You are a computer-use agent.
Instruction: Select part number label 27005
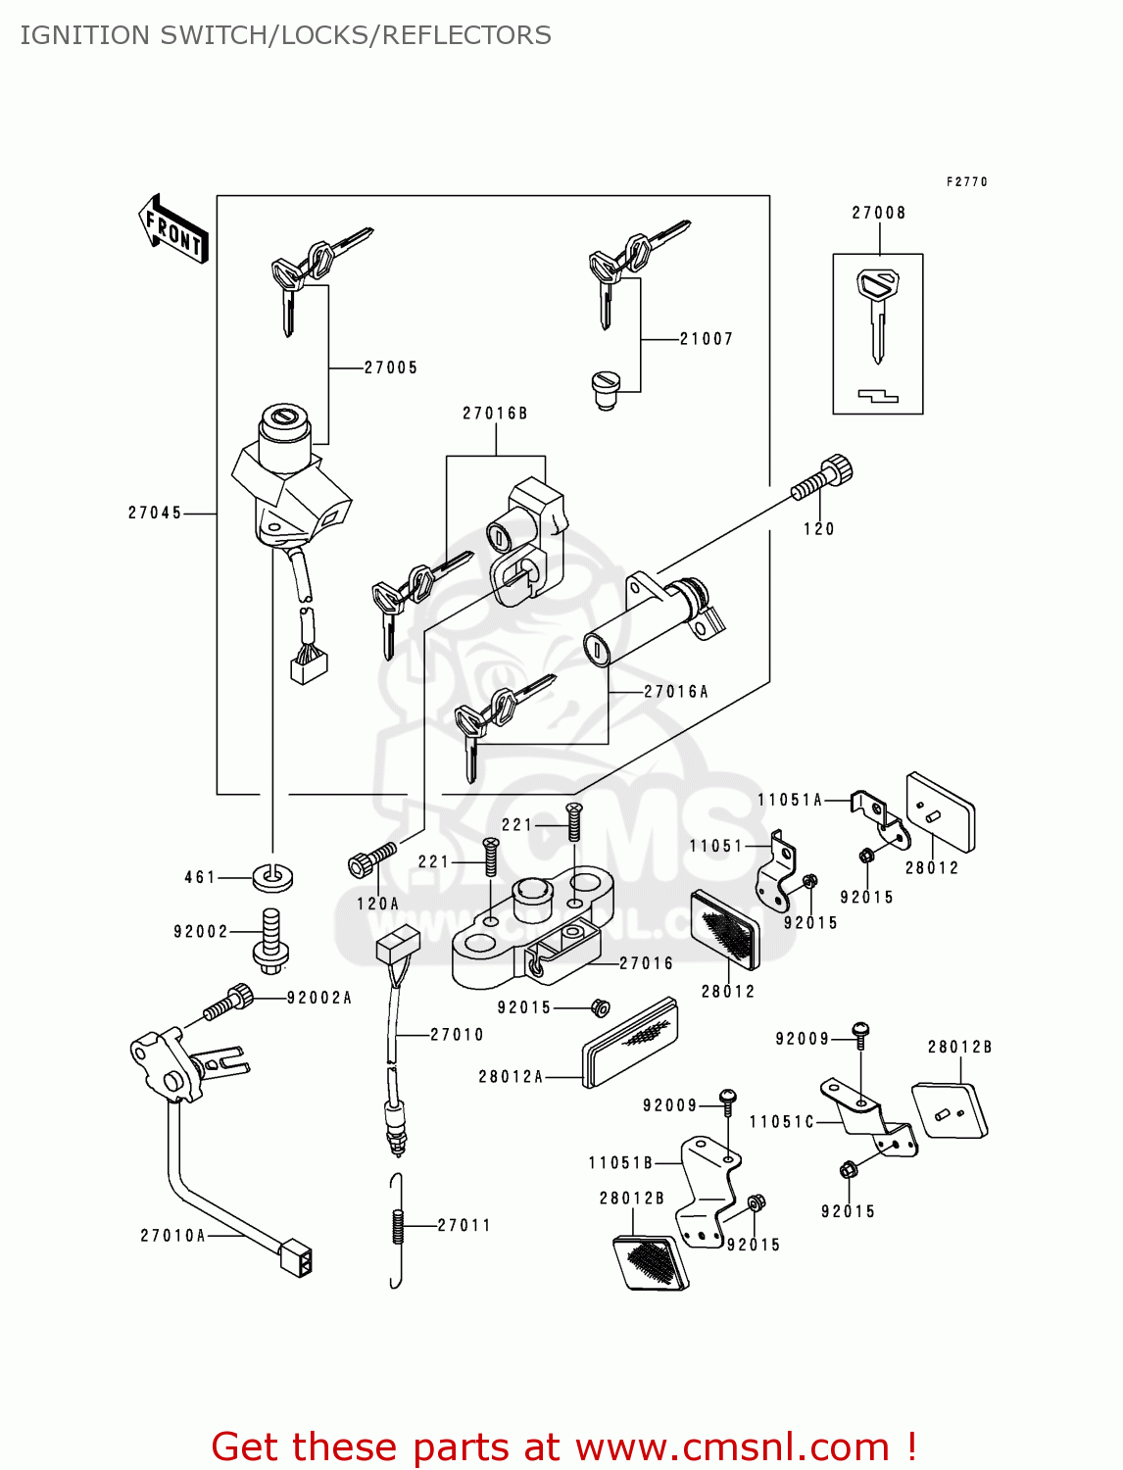pyautogui.click(x=391, y=367)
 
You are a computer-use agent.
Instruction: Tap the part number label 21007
pyautogui.click(x=707, y=339)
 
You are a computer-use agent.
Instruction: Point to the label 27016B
pyautogui.click(x=495, y=414)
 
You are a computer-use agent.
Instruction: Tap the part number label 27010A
pyautogui.click(x=172, y=1236)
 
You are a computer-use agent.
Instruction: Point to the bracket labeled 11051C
pyautogui.click(x=867, y=1117)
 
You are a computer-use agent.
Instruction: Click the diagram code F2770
pyautogui.click(x=966, y=182)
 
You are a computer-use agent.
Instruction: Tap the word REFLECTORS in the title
pyautogui.click(x=466, y=35)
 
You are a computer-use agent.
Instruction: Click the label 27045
pyautogui.click(x=155, y=513)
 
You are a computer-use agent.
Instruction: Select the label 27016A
pyautogui.click(x=676, y=692)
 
